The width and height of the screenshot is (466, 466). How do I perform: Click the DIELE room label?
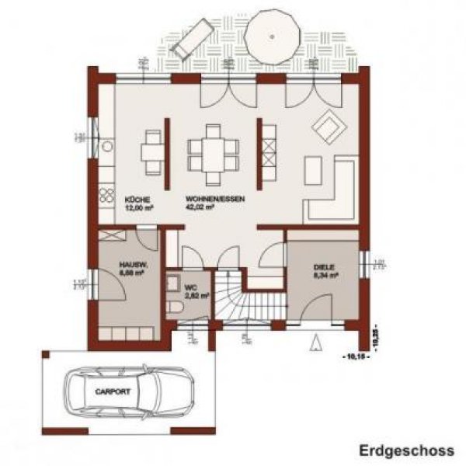pos(324,266)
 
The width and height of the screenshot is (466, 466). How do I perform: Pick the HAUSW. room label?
pos(129,266)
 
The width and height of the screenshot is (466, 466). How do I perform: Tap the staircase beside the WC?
pos(233,299)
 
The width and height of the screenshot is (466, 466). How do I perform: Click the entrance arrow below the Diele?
pos(316,342)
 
